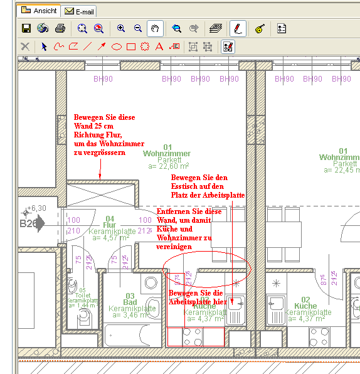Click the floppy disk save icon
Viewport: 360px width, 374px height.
[x=26, y=28]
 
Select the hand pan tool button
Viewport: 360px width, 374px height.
[x=155, y=28]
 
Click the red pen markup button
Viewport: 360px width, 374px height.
[x=237, y=28]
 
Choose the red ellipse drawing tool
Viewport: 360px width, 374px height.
[x=117, y=46]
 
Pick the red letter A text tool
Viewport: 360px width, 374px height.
[x=159, y=46]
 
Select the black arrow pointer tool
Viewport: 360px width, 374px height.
[x=44, y=46]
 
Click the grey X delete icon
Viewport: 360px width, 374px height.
[x=25, y=46]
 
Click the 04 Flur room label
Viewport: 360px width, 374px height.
[x=110, y=222]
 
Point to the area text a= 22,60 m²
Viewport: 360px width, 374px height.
[x=169, y=167]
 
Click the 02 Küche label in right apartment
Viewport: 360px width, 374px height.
[x=306, y=303]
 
